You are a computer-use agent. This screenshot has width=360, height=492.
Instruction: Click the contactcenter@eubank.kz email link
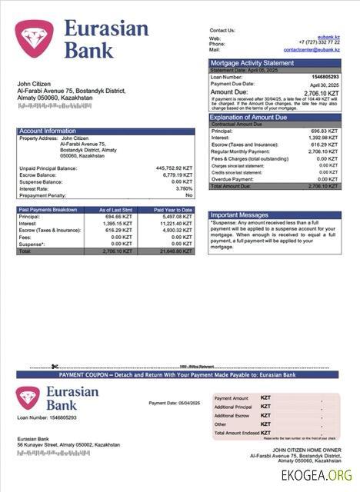pos(311,49)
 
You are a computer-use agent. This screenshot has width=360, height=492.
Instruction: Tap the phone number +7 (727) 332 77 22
pos(318,43)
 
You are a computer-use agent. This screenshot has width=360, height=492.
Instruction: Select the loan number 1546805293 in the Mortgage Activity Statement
pos(324,77)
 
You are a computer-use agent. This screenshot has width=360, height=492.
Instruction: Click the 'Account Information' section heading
pos(48,131)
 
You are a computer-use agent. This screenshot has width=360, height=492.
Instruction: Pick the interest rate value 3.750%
pos(184,188)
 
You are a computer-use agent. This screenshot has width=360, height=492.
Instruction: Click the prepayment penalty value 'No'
pos(188,195)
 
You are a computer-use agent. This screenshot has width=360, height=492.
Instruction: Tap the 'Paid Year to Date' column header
pos(173,209)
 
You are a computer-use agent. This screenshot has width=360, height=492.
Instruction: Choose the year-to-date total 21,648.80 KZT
pos(176,251)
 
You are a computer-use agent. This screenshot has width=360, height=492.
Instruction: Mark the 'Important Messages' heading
pos(239,214)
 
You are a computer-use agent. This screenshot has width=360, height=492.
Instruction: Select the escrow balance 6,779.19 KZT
pos(177,175)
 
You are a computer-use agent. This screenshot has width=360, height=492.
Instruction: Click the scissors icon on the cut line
pos(55,366)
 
